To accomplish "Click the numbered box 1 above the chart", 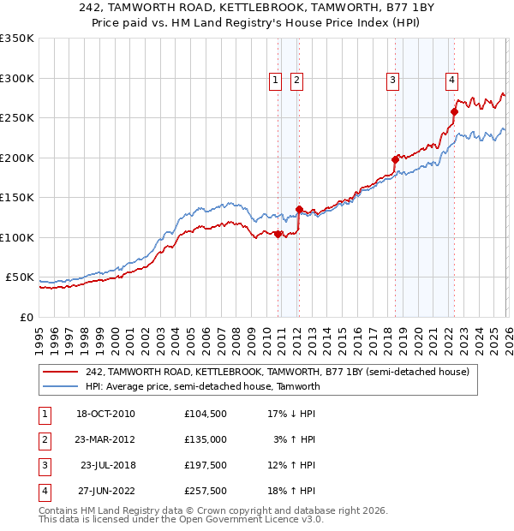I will tap(276, 81).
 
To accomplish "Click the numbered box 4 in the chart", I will tap(451, 81).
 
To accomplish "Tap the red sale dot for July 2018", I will tap(395, 159).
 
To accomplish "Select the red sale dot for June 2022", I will tap(455, 111).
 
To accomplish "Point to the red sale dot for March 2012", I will tap(299, 209).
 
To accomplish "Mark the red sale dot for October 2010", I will tap(278, 234).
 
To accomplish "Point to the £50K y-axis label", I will tap(20, 277).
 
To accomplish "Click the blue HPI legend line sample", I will tap(60, 386).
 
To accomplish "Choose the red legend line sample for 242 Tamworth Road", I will tap(60, 373).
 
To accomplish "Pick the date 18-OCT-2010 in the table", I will tap(105, 414).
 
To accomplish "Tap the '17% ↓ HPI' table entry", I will tap(291, 414).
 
